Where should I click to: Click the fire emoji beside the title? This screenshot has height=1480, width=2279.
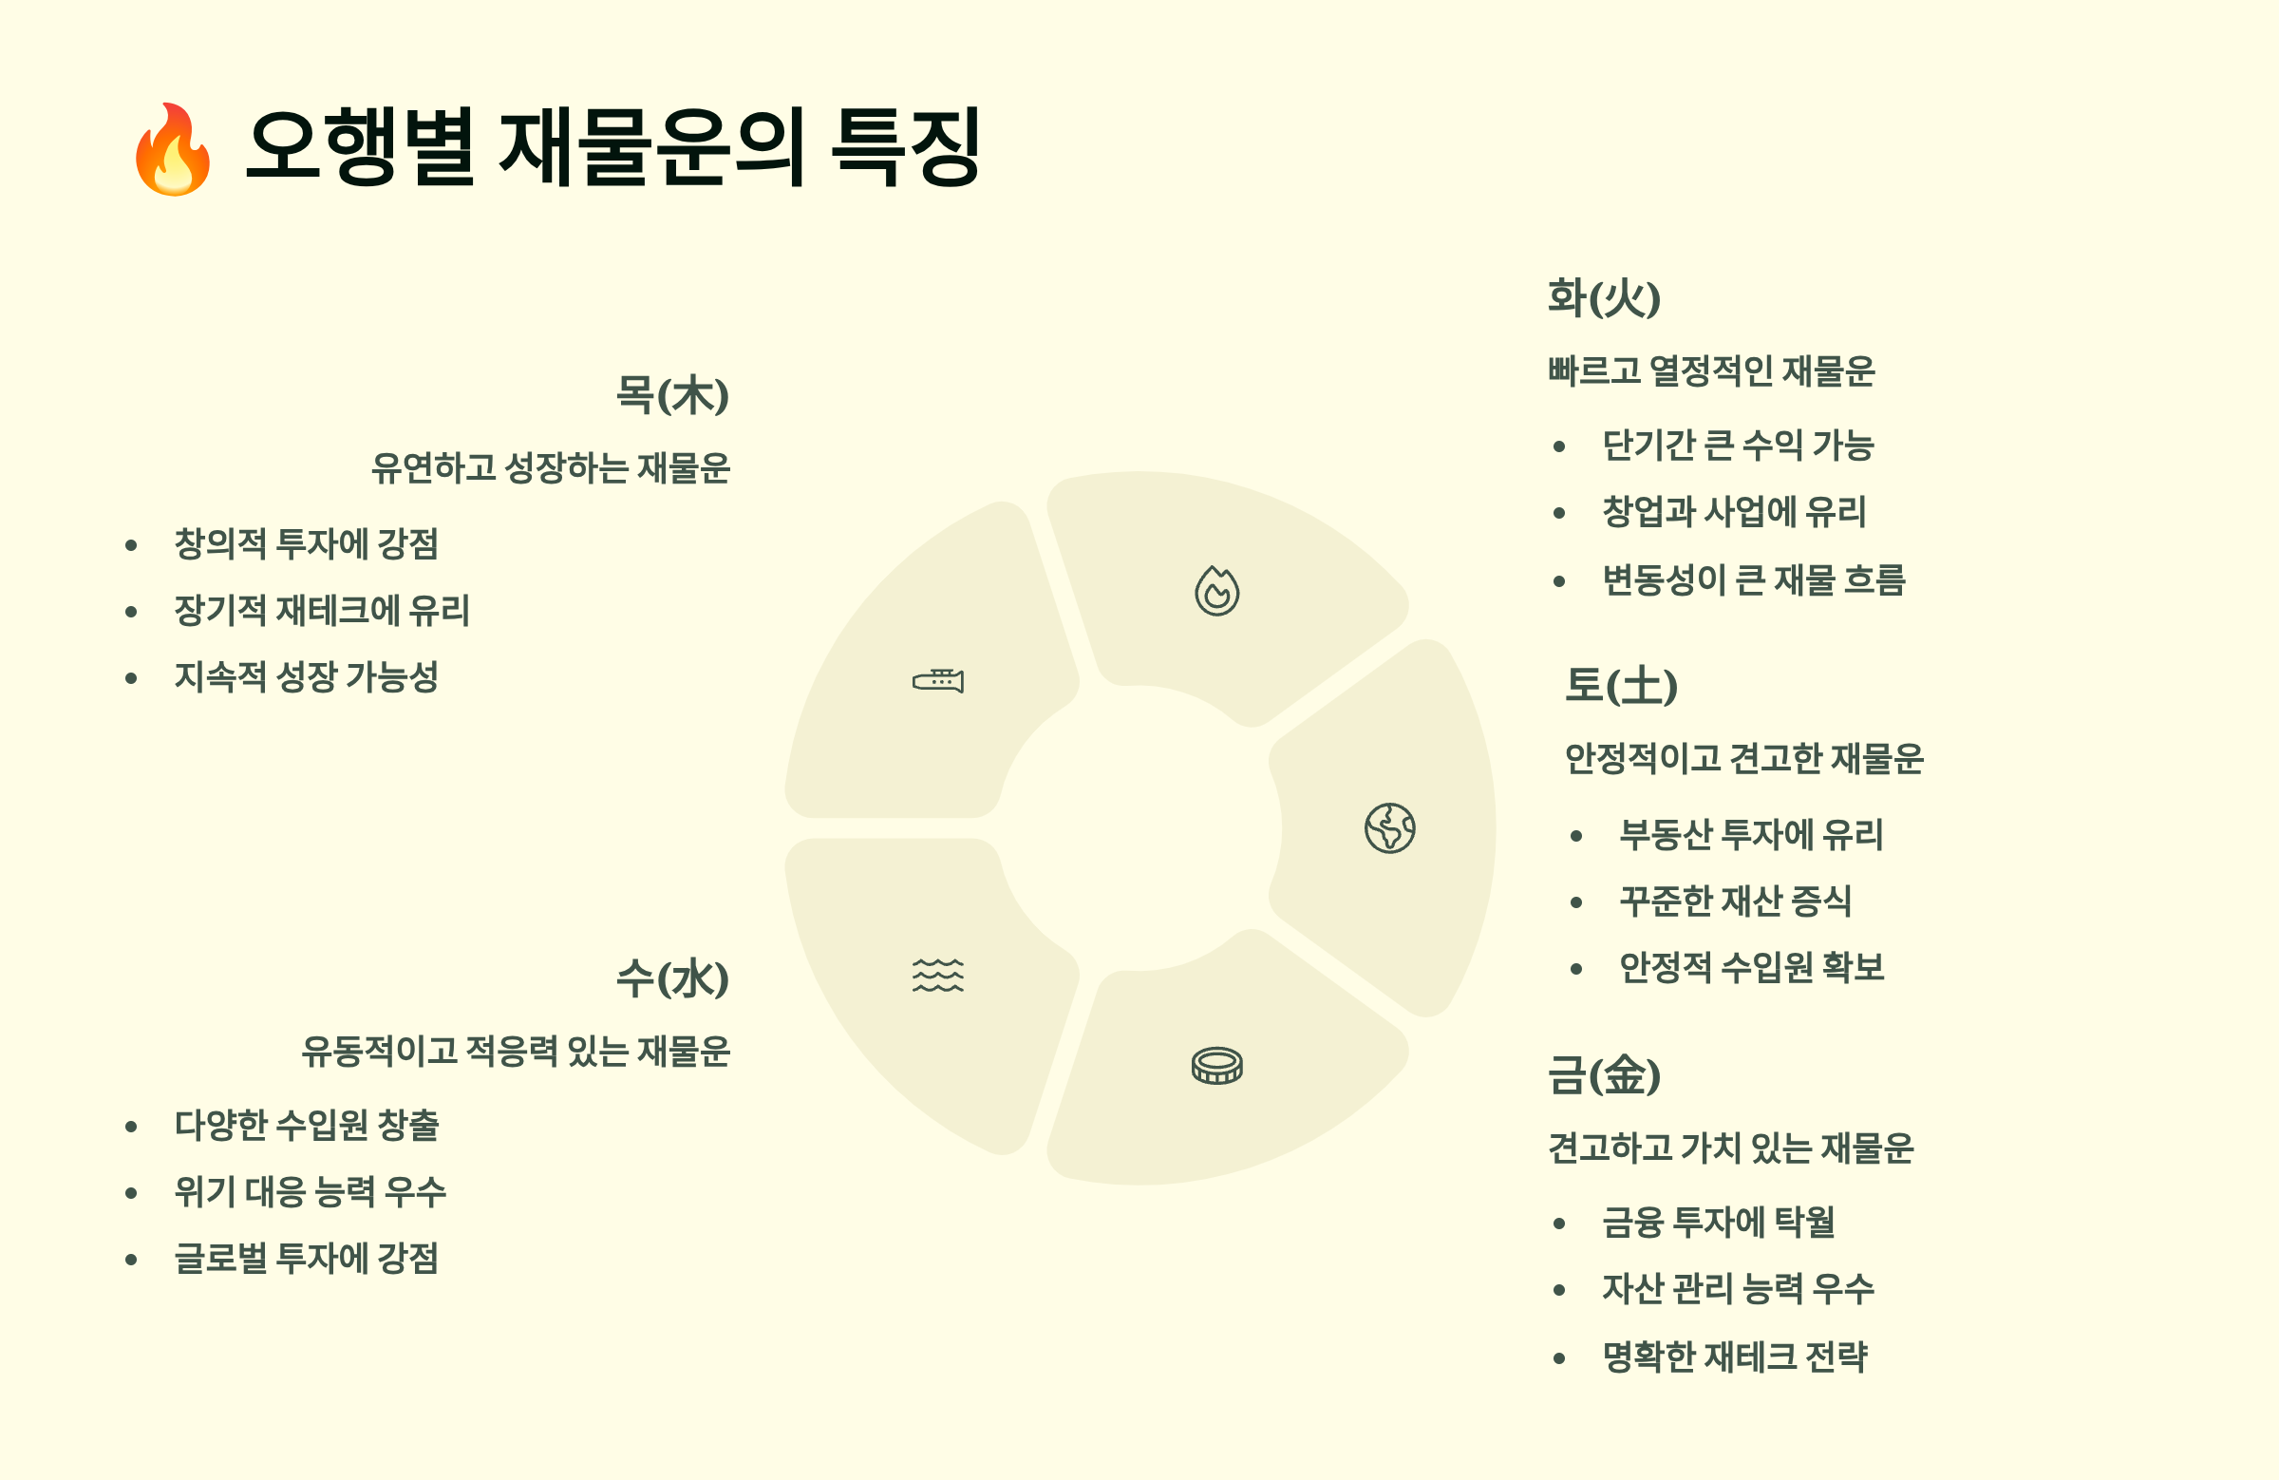point(173,149)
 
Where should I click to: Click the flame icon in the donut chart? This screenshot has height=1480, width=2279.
point(1216,591)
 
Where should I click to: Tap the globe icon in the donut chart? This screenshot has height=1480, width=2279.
point(1389,827)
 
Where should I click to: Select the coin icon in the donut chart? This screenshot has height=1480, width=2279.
point(1216,1065)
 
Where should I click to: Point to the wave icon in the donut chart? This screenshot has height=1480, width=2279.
point(937,976)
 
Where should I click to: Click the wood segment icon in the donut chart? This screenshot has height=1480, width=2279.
point(937,680)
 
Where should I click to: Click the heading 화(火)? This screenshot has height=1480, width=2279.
point(1604,297)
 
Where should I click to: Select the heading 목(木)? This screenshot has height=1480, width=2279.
point(672,394)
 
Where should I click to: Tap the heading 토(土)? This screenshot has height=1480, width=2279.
point(1620,686)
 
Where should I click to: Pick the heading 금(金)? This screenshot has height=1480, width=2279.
point(1604,1073)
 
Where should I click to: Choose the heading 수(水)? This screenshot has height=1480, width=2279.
point(672,978)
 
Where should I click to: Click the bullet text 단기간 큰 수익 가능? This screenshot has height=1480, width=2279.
point(1738,446)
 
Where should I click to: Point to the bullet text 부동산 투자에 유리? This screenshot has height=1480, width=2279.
point(1750,834)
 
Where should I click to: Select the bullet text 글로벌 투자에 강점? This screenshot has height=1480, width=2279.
point(307,1258)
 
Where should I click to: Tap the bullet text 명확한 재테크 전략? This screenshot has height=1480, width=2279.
point(1734,1357)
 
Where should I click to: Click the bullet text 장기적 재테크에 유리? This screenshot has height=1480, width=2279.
point(322,610)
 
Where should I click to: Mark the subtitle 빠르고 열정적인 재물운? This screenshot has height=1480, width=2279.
point(1711,370)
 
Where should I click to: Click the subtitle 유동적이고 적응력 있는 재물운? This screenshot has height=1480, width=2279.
point(516,1051)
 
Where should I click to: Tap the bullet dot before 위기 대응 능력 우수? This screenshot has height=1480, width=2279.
point(131,1192)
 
